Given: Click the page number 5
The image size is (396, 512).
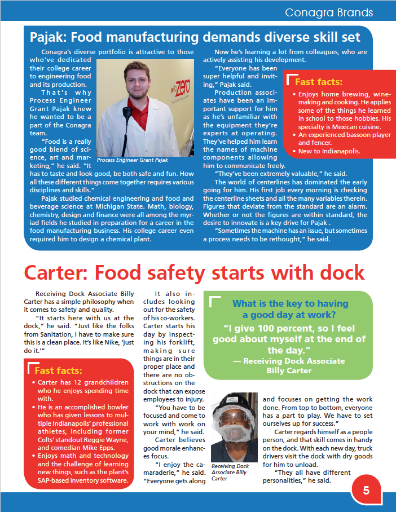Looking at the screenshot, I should (366, 490).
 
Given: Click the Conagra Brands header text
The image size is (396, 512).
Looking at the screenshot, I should (329, 12).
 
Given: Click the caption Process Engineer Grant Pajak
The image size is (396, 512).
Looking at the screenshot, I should (132, 160).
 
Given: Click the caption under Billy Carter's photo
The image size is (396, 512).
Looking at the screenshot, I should (230, 473).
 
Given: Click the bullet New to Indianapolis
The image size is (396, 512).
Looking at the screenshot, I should (329, 151).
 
